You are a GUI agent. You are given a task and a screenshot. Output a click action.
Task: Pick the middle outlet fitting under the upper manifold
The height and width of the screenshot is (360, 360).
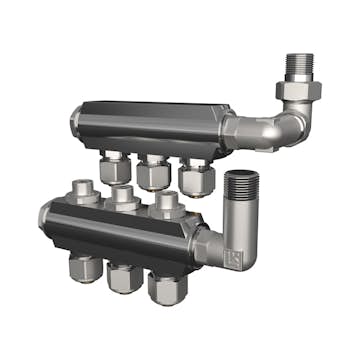pyautogui.click(x=153, y=172)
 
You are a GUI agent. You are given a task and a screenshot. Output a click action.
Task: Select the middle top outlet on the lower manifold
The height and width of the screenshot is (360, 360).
pyautogui.click(x=123, y=197)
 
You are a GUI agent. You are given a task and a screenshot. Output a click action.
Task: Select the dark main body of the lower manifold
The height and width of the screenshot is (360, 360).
pyautogui.click(x=120, y=228)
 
